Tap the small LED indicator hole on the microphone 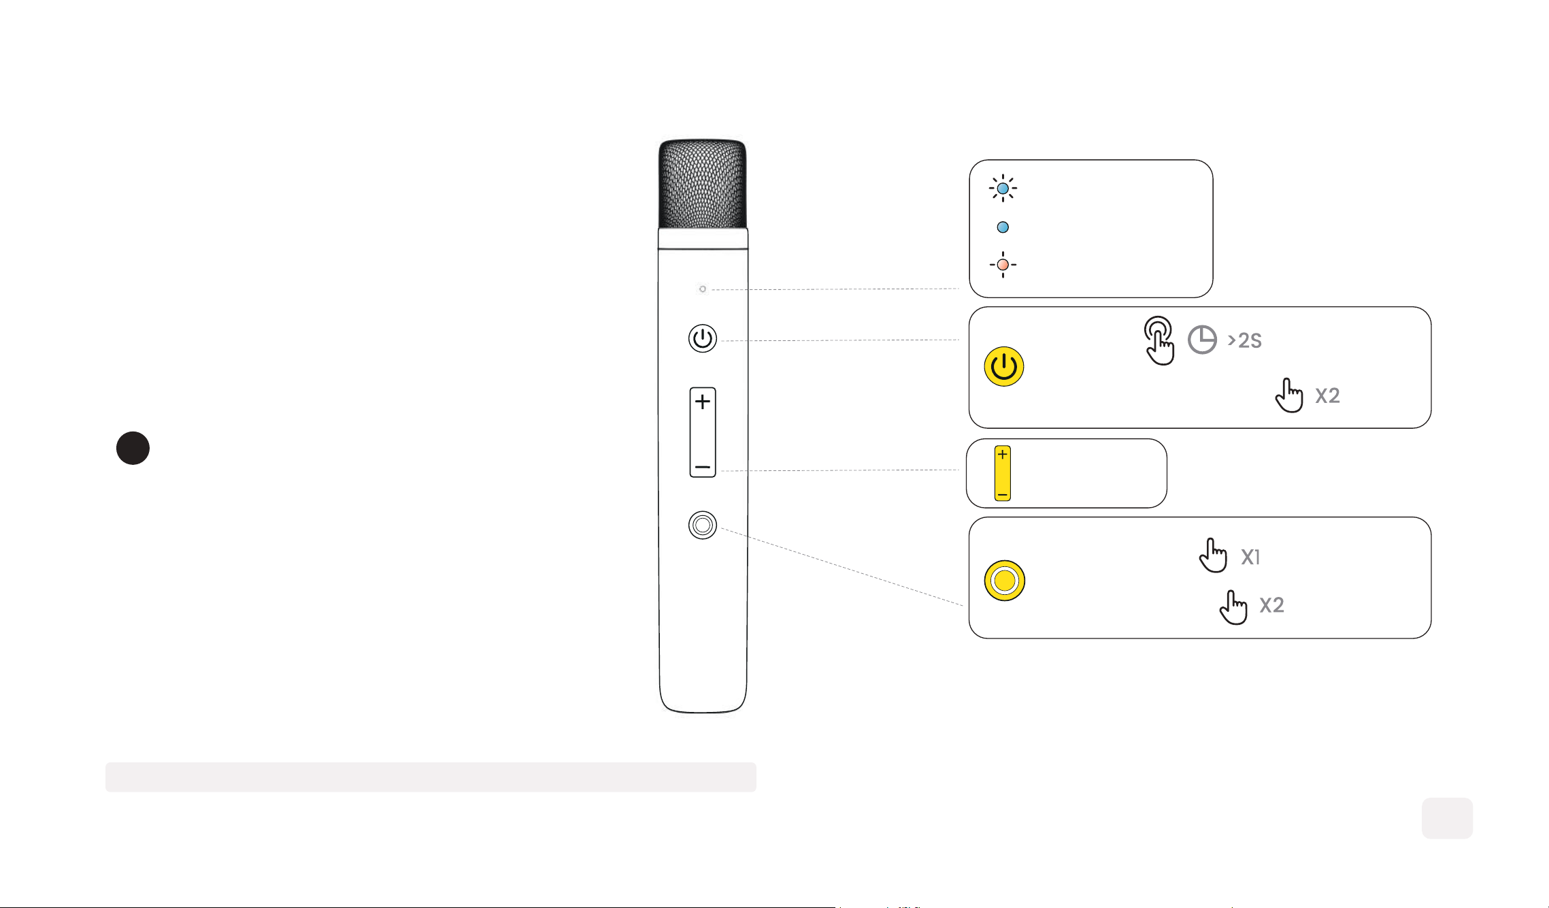pyautogui.click(x=703, y=289)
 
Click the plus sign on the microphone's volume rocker pyautogui.click(x=703, y=402)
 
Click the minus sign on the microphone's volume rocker pyautogui.click(x=703, y=468)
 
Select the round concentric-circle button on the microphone pyautogui.click(x=703, y=525)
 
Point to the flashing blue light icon pyautogui.click(x=1003, y=188)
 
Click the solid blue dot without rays pyautogui.click(x=1003, y=227)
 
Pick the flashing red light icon pyautogui.click(x=1003, y=264)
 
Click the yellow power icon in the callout pyautogui.click(x=1004, y=366)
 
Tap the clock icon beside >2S pyautogui.click(x=1202, y=340)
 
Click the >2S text pyautogui.click(x=1245, y=340)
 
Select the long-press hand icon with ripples pyautogui.click(x=1159, y=340)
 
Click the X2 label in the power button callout pyautogui.click(x=1327, y=395)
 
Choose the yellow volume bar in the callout pyautogui.click(x=1003, y=473)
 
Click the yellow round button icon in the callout pyautogui.click(x=1005, y=581)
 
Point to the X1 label pyautogui.click(x=1250, y=557)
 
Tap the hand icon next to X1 pyautogui.click(x=1213, y=555)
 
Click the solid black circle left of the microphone pyautogui.click(x=133, y=448)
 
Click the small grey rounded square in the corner pyautogui.click(x=1447, y=818)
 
